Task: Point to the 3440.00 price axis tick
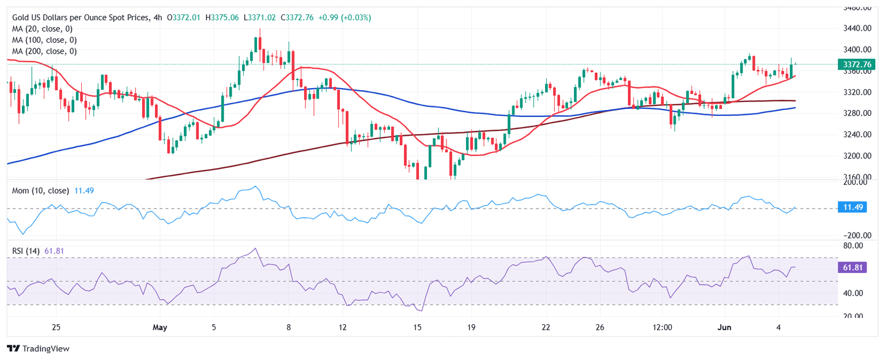tap(854, 29)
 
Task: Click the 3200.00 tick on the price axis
tap(854, 156)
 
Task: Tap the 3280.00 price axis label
tap(854, 113)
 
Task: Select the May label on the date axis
tap(160, 328)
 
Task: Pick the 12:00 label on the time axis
tap(663, 328)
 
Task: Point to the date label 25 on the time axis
tap(56, 328)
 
